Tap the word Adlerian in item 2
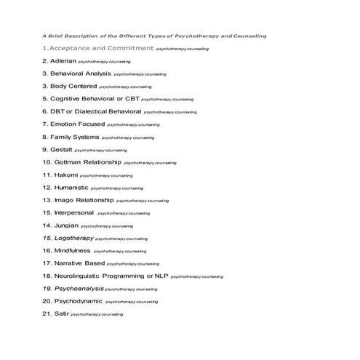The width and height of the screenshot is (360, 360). coord(63,61)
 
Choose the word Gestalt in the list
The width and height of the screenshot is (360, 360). coord(60,149)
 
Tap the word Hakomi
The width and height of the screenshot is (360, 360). coord(65,175)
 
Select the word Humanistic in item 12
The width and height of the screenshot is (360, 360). coord(71,187)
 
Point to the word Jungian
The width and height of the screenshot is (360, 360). coord(65,225)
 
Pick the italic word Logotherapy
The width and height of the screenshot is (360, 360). coord(73,238)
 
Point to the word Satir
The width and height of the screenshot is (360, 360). coord(60,313)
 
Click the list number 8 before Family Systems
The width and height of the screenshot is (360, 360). coord(44,137)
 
